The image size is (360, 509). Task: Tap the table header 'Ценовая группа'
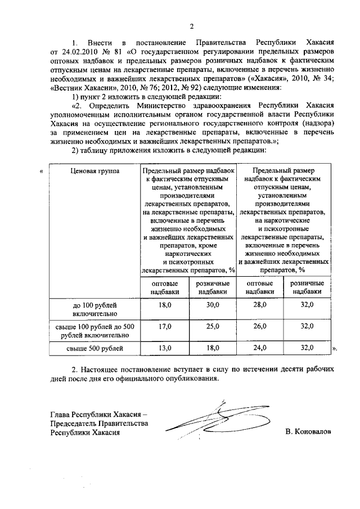[92, 171]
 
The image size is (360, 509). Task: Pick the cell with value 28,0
[260, 304]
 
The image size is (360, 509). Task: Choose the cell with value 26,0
[260, 326]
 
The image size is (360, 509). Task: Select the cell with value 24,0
[260, 348]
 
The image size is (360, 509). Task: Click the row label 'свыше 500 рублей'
[93, 348]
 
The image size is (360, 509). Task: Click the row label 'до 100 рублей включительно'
[93, 308]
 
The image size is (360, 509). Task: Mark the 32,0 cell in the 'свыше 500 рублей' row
[307, 348]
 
